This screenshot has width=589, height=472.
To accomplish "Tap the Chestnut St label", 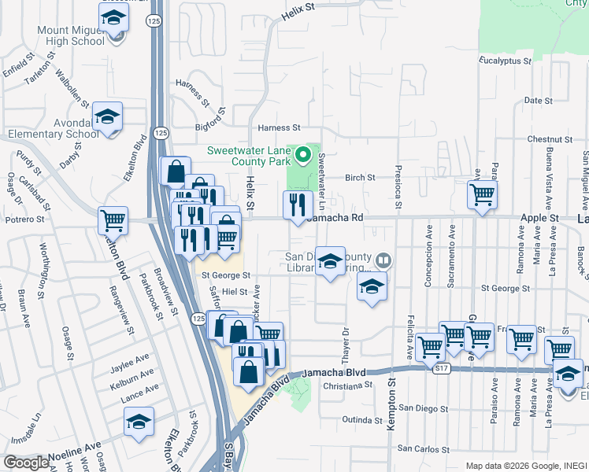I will point(550,139).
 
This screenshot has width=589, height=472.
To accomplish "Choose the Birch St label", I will point(360,178).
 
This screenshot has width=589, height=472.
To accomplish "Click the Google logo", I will point(26,463).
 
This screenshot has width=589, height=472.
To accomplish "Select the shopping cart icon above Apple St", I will point(481,194).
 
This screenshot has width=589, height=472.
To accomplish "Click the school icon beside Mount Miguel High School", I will point(114,17).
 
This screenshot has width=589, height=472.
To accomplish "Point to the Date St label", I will point(538,101).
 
